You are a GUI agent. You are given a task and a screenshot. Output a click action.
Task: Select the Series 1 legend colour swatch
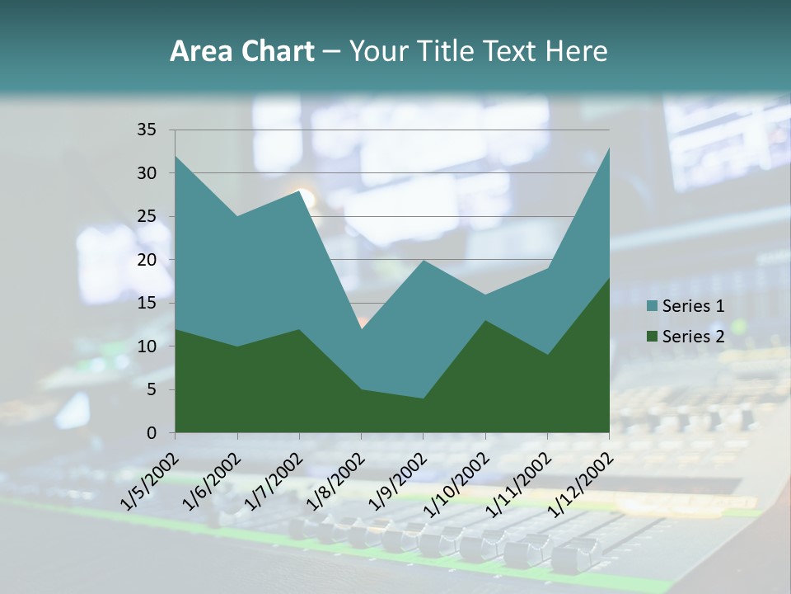[653, 306]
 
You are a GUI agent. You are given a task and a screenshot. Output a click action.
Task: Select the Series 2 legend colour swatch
[653, 336]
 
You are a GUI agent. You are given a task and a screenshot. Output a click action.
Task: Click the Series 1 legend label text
[693, 306]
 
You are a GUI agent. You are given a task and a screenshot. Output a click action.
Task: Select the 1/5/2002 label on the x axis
[148, 481]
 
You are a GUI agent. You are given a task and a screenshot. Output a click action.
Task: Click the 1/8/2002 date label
[335, 481]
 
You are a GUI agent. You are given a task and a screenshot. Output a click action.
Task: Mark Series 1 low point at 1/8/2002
[361, 329]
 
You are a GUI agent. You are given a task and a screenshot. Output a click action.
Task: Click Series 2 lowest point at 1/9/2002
[423, 398]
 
